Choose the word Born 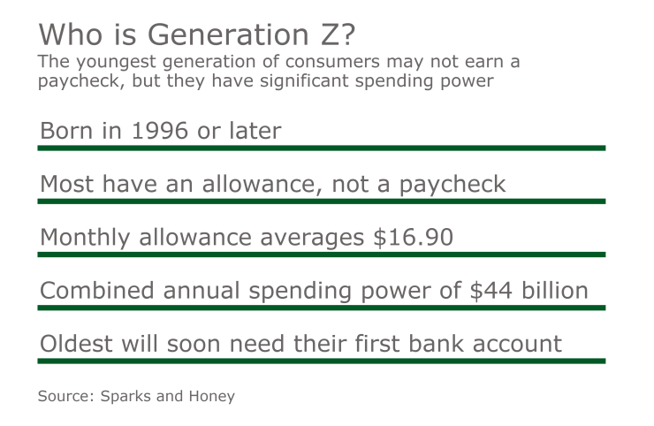coord(67,132)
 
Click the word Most coord(68,184)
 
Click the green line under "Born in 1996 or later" coord(321,148)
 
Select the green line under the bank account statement coord(321,361)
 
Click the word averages coord(300,239)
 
